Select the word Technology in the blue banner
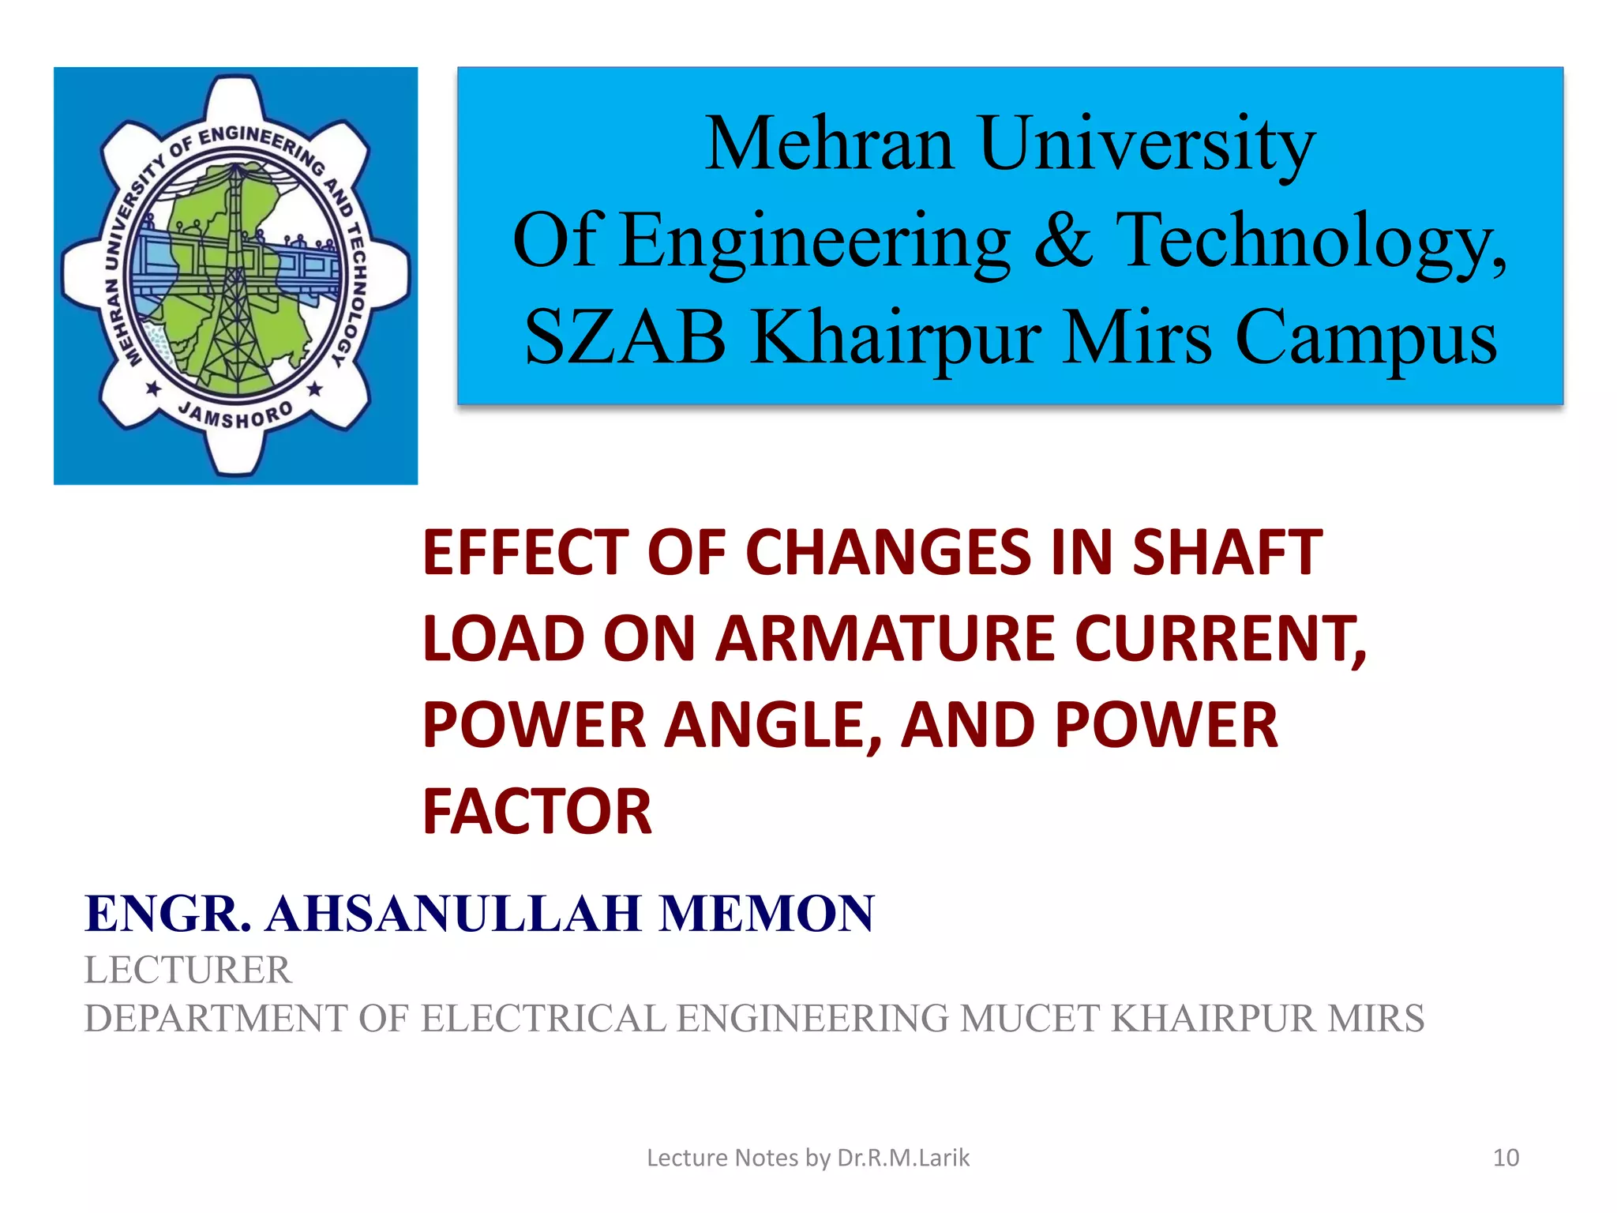point(1311,242)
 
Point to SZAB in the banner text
point(625,338)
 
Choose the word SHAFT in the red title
point(1227,552)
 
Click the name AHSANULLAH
point(453,914)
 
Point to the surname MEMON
point(767,914)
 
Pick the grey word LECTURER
point(188,970)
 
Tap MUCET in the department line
point(1030,1018)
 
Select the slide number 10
point(1506,1158)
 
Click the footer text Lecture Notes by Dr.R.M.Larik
point(808,1158)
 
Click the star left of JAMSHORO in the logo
point(153,389)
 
